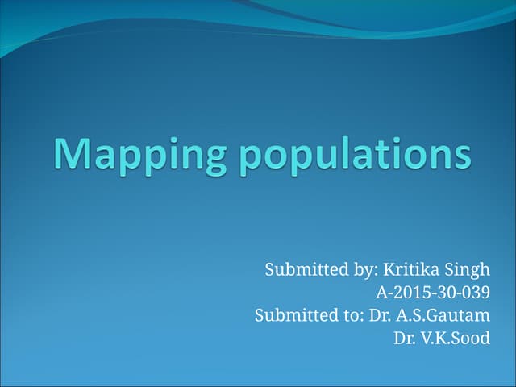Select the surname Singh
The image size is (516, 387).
point(469,268)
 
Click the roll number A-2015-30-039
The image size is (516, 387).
point(433,292)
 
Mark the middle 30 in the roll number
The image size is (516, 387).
point(444,292)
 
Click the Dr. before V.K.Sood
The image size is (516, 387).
point(404,338)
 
